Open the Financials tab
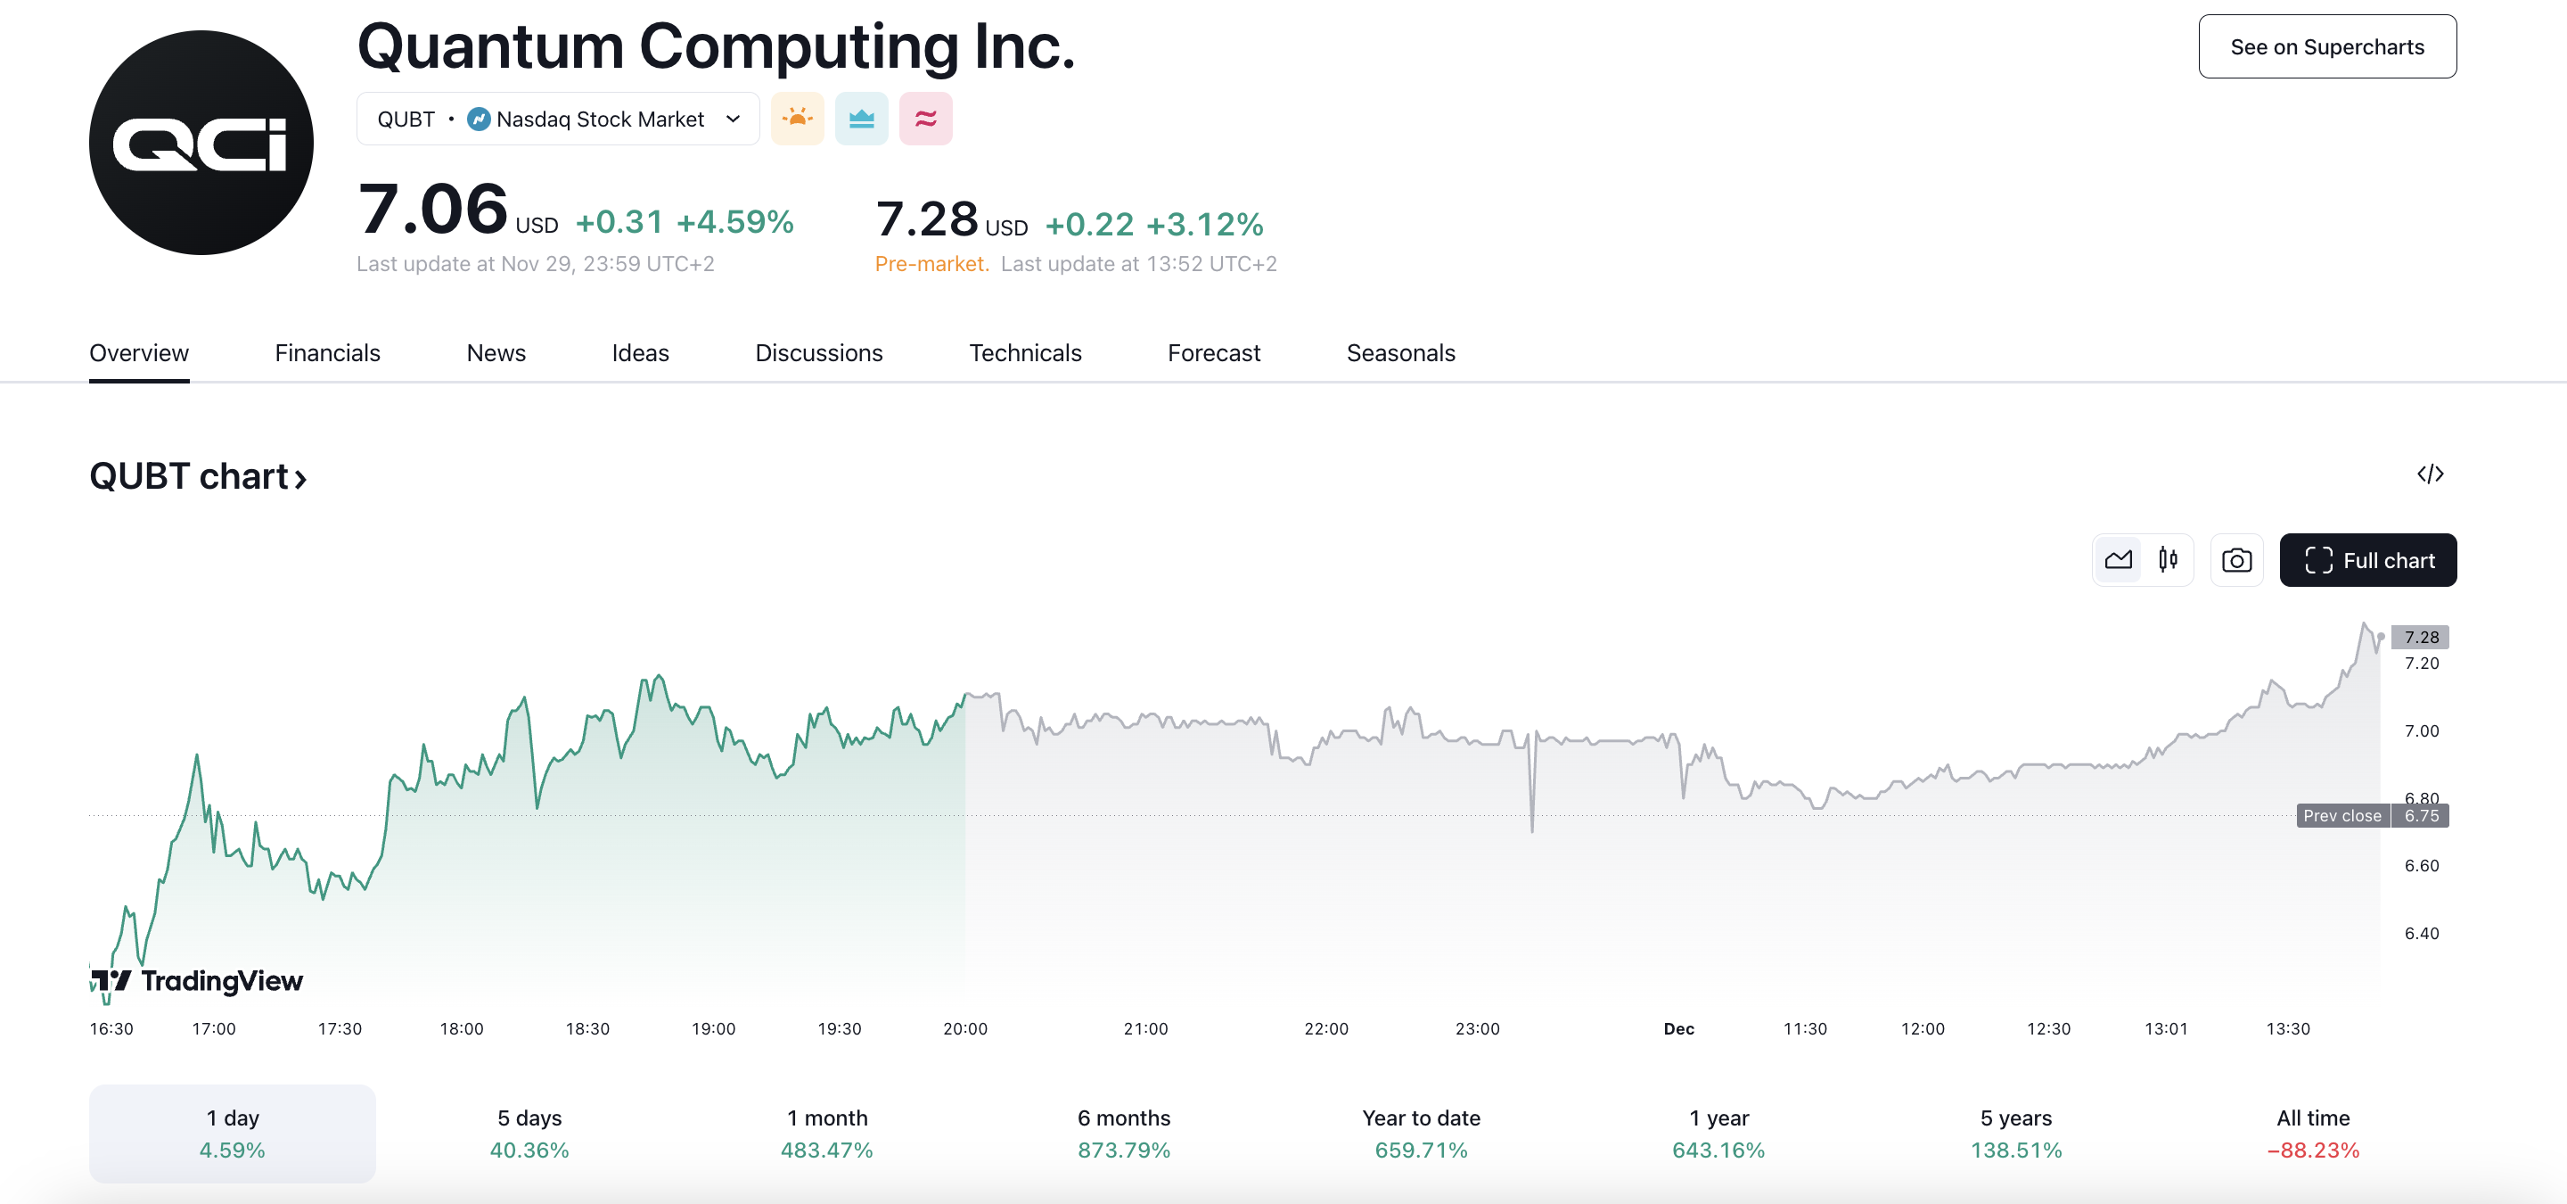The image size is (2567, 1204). click(x=327, y=353)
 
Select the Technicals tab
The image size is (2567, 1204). click(x=1024, y=353)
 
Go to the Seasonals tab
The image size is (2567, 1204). click(x=1400, y=353)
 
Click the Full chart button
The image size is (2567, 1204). click(x=2366, y=560)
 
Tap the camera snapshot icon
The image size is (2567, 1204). click(x=2236, y=560)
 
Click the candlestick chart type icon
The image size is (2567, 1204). click(x=2168, y=560)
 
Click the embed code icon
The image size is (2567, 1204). click(x=2430, y=474)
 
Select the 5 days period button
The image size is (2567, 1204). click(x=529, y=1134)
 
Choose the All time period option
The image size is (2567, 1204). click(x=2312, y=1134)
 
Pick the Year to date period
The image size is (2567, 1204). click(x=1420, y=1134)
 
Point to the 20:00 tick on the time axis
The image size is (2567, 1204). click(x=964, y=1028)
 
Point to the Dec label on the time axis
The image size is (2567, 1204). click(x=1678, y=1028)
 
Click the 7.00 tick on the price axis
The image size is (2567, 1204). click(x=2421, y=730)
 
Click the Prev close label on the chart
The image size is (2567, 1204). click(x=2341, y=815)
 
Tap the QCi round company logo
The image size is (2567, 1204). click(x=201, y=143)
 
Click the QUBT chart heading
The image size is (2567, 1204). click(x=197, y=476)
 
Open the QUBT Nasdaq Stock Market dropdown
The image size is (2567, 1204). click(x=558, y=119)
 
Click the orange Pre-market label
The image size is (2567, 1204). click(x=931, y=263)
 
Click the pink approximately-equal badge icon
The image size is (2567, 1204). click(x=925, y=119)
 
